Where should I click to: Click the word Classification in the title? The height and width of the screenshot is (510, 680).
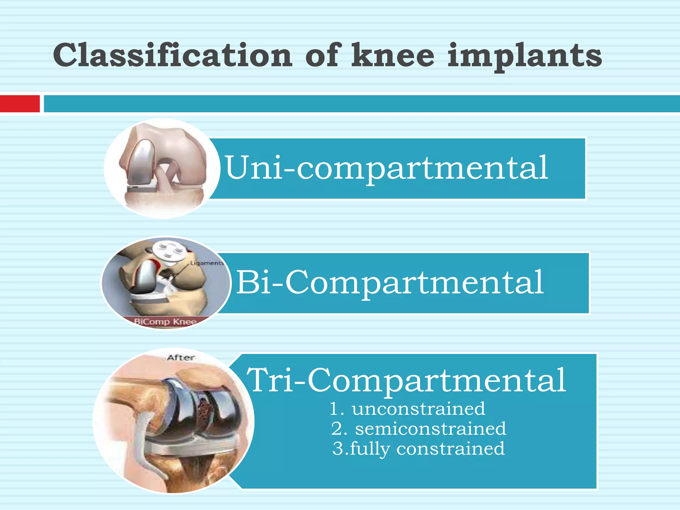pyautogui.click(x=172, y=55)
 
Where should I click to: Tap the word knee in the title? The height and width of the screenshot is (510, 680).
pyautogui.click(x=392, y=55)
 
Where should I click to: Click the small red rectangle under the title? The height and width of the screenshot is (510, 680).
pyautogui.click(x=20, y=104)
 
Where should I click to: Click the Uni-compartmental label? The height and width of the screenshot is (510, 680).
pyautogui.click(x=386, y=168)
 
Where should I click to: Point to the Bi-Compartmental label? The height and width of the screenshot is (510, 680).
pyautogui.click(x=390, y=283)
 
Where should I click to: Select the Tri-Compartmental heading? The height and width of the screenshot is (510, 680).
pyautogui.click(x=406, y=380)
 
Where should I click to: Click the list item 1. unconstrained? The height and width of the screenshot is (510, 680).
pyautogui.click(x=407, y=408)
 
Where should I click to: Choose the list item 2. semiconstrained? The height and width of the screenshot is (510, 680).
pyautogui.click(x=418, y=429)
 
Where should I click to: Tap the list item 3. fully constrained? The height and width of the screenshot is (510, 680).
pyautogui.click(x=418, y=449)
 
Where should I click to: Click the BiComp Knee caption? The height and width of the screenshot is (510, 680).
pyautogui.click(x=165, y=321)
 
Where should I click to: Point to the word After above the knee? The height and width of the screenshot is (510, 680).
pyautogui.click(x=181, y=358)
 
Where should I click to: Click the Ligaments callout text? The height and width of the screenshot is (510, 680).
pyautogui.click(x=207, y=263)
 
